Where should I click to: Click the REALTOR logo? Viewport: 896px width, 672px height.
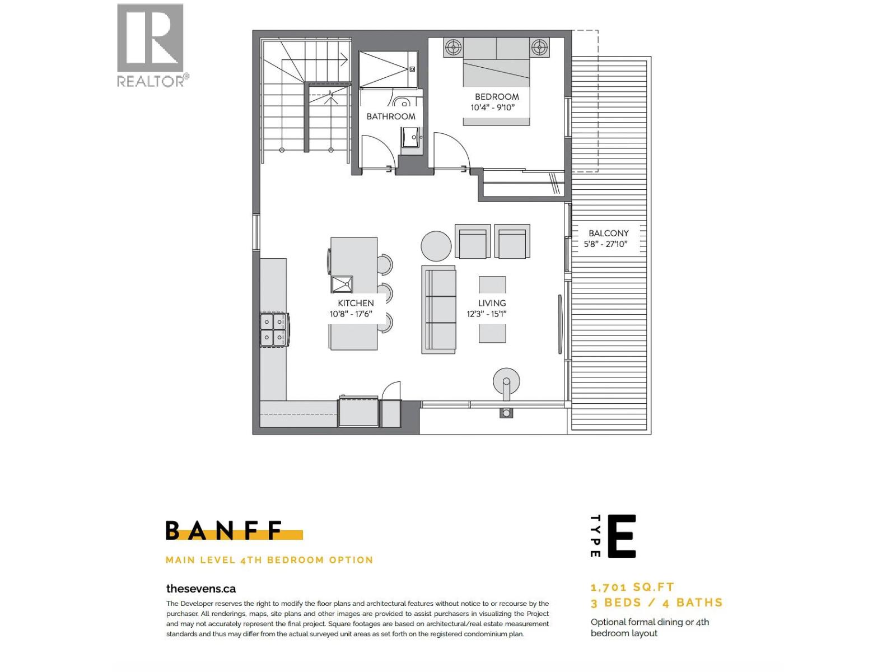(x=151, y=45)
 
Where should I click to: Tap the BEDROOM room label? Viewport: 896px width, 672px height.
(x=497, y=96)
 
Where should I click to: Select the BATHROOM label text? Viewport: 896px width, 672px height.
(x=391, y=116)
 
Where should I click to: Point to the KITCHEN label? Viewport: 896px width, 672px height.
(x=356, y=303)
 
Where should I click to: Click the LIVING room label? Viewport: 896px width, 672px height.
(x=492, y=303)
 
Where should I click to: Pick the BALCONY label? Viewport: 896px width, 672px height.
(x=608, y=233)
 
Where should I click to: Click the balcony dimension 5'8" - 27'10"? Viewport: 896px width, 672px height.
(x=605, y=244)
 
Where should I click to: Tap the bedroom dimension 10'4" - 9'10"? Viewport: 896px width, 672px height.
(x=492, y=108)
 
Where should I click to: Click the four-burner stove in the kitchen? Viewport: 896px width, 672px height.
(x=273, y=330)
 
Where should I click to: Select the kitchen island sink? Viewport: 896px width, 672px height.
(x=342, y=284)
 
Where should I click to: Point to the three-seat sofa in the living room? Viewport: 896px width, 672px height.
(x=439, y=310)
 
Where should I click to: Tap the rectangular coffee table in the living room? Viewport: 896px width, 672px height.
(x=492, y=309)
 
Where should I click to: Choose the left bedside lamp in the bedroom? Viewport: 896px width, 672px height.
(x=453, y=47)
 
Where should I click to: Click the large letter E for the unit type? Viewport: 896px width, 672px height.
(x=622, y=536)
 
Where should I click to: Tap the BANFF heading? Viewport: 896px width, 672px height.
(x=224, y=530)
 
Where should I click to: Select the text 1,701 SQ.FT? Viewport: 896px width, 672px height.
(x=632, y=587)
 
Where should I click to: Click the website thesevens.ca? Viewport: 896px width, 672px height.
(x=201, y=589)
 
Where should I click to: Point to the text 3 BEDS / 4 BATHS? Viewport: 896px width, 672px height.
(x=656, y=603)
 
